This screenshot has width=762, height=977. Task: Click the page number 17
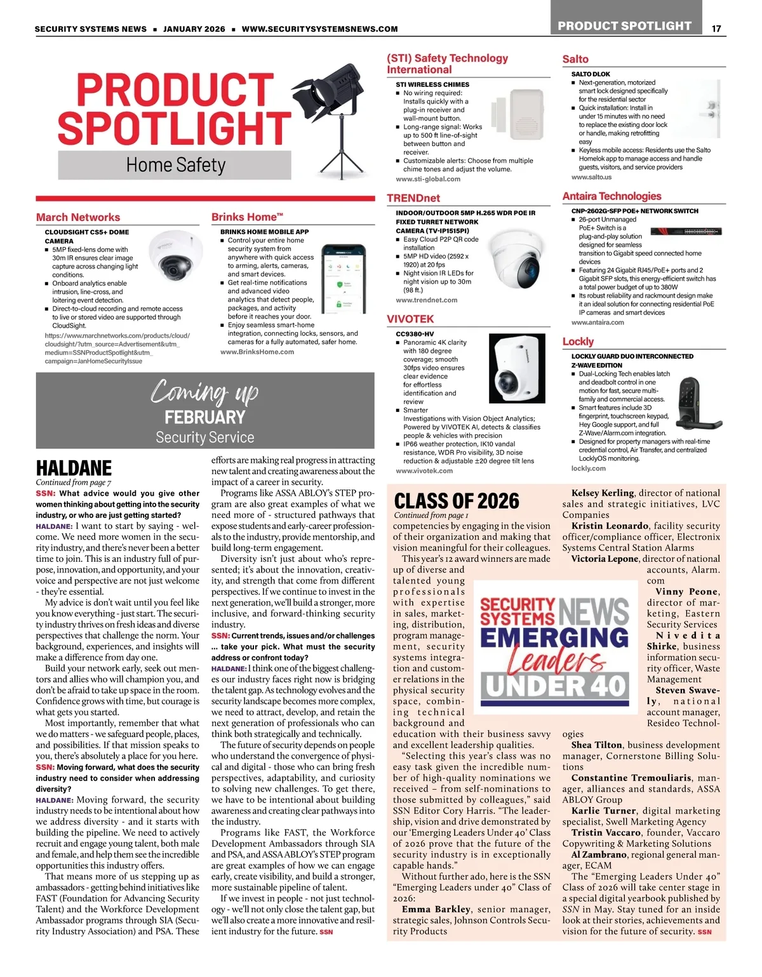click(x=716, y=29)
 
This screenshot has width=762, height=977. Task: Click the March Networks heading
click(x=77, y=217)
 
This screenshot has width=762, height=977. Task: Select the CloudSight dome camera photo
click(x=173, y=257)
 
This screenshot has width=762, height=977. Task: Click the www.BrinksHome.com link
click(x=257, y=352)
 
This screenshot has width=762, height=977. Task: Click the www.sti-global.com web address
click(x=427, y=179)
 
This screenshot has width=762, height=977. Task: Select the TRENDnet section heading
click(x=413, y=198)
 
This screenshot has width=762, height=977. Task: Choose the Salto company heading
click(x=575, y=59)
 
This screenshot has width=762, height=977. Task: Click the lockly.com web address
click(x=588, y=469)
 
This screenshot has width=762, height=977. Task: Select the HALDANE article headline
click(x=74, y=468)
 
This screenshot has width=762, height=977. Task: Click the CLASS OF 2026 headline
click(x=456, y=500)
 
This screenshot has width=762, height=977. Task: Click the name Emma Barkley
click(x=436, y=909)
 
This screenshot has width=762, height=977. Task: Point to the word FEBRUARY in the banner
click(x=204, y=417)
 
